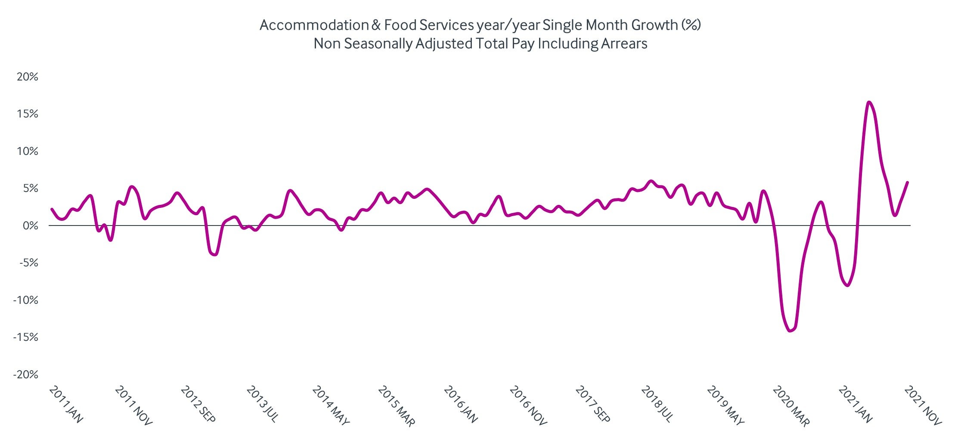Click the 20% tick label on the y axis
pos(27,77)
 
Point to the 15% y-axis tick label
pos(27,114)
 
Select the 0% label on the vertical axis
pos(30,226)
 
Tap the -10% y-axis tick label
pos(25,300)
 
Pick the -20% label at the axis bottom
pos(25,374)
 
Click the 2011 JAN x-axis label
pos(66,404)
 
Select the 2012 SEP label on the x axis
pos(198,404)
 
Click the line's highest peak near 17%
pos(869,102)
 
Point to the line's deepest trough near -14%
pos(790,331)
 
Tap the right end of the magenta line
pos(908,182)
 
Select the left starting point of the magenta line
pos(52,209)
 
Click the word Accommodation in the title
pos(314,25)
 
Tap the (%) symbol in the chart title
pos(691,25)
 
